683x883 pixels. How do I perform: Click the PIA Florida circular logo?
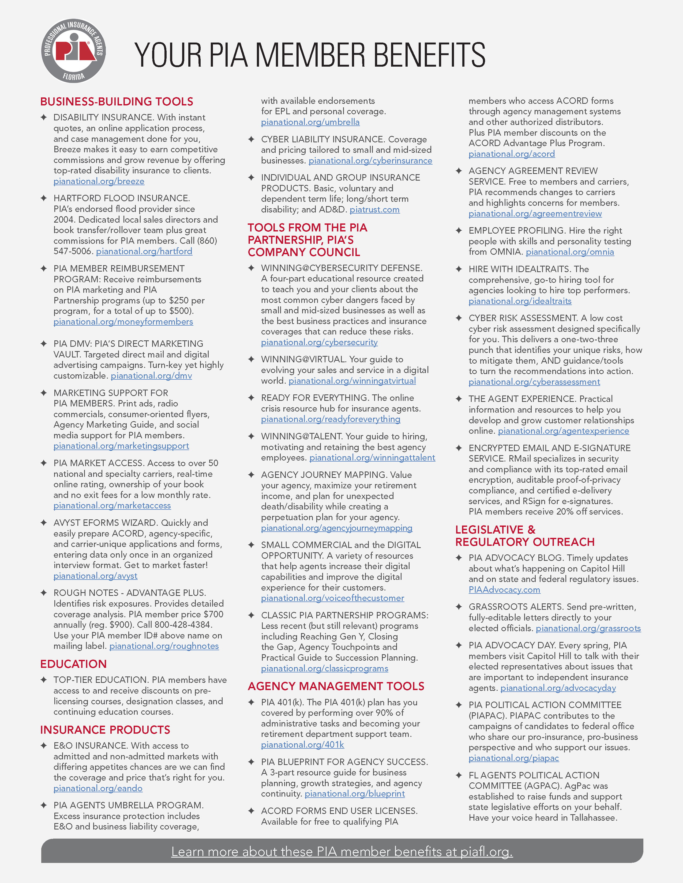74,51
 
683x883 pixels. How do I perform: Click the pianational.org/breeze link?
99,181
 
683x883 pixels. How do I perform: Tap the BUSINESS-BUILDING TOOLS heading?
117,101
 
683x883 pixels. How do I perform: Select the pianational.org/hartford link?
144,251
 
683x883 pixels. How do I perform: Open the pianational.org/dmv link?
151,376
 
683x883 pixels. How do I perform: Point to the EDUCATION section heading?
73,664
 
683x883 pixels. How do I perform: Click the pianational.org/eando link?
98,788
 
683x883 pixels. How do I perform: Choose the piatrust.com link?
375,210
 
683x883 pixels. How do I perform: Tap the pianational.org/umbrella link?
310,122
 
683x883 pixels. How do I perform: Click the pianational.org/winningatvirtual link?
352,380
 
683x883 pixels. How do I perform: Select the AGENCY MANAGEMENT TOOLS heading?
336,686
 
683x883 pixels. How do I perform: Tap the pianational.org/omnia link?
570,252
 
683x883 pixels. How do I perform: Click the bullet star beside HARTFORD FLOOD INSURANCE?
44,198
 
